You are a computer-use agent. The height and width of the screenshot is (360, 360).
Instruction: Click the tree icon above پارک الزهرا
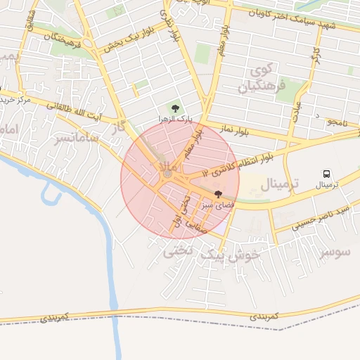tap(174, 108)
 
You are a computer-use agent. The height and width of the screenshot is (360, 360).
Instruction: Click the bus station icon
tap(326, 173)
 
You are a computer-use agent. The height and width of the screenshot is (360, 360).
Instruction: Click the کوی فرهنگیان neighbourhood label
tap(255, 79)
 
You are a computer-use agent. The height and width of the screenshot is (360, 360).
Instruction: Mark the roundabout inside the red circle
tap(167, 173)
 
